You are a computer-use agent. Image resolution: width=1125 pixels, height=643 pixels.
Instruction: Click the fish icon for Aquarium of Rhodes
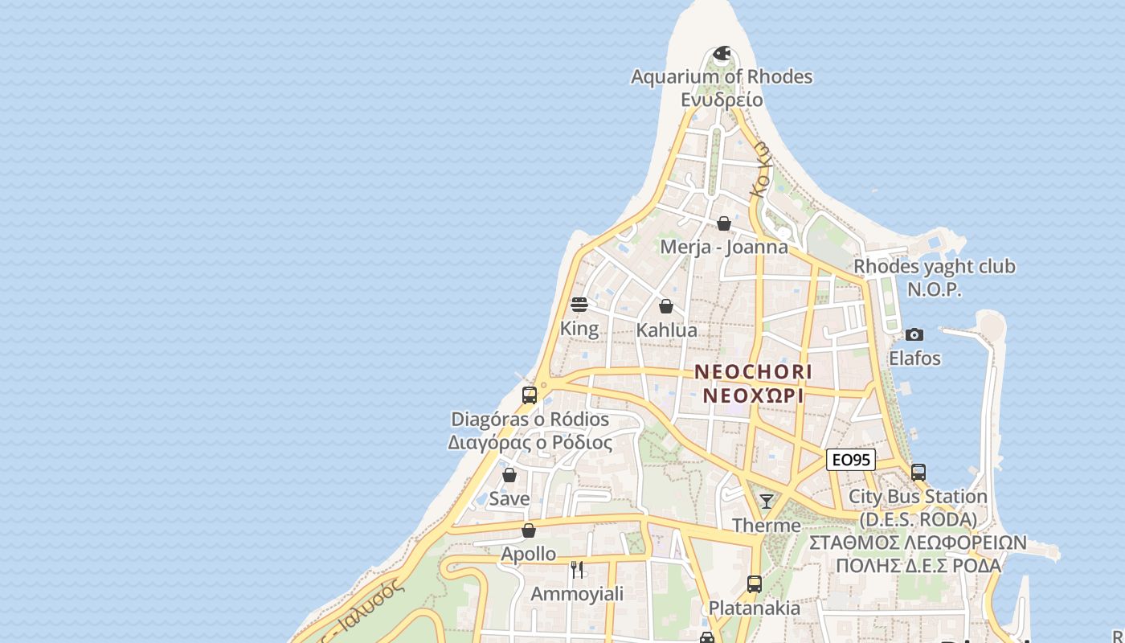coord(722,54)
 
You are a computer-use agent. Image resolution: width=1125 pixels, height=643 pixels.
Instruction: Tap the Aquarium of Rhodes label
coord(721,77)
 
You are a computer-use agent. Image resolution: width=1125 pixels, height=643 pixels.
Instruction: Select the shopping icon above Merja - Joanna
coord(724,223)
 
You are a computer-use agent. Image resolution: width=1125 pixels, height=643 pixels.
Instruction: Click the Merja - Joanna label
coord(724,247)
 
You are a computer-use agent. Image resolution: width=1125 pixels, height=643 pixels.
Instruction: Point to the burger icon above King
coord(579,305)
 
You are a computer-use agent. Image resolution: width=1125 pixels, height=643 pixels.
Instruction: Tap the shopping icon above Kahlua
coord(666,306)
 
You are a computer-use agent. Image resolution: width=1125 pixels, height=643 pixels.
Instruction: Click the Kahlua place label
coord(666,330)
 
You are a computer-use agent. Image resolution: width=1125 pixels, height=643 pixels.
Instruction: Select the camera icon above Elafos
coord(914,334)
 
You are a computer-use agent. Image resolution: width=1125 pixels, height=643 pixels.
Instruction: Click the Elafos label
coord(914,358)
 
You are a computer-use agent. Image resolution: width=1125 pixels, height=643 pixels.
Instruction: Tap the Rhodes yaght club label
coord(934,266)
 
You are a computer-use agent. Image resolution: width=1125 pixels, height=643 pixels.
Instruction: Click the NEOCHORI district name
coord(753,372)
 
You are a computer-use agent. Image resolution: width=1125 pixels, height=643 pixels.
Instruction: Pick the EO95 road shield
coord(851,460)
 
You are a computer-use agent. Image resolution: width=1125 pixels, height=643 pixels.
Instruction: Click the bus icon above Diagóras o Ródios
coord(530,395)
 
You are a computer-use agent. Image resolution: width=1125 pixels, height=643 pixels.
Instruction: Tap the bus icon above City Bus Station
coord(918,473)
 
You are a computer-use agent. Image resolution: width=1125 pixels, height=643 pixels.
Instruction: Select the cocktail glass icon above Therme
coord(767,502)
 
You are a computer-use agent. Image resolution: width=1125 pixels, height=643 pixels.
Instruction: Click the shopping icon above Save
coord(509,475)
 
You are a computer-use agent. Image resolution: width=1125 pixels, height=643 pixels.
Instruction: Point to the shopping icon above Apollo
coord(529,530)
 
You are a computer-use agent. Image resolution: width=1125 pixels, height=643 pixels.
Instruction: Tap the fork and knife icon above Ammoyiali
coord(577,570)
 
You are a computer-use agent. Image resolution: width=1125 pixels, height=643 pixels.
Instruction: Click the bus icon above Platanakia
coord(754,584)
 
